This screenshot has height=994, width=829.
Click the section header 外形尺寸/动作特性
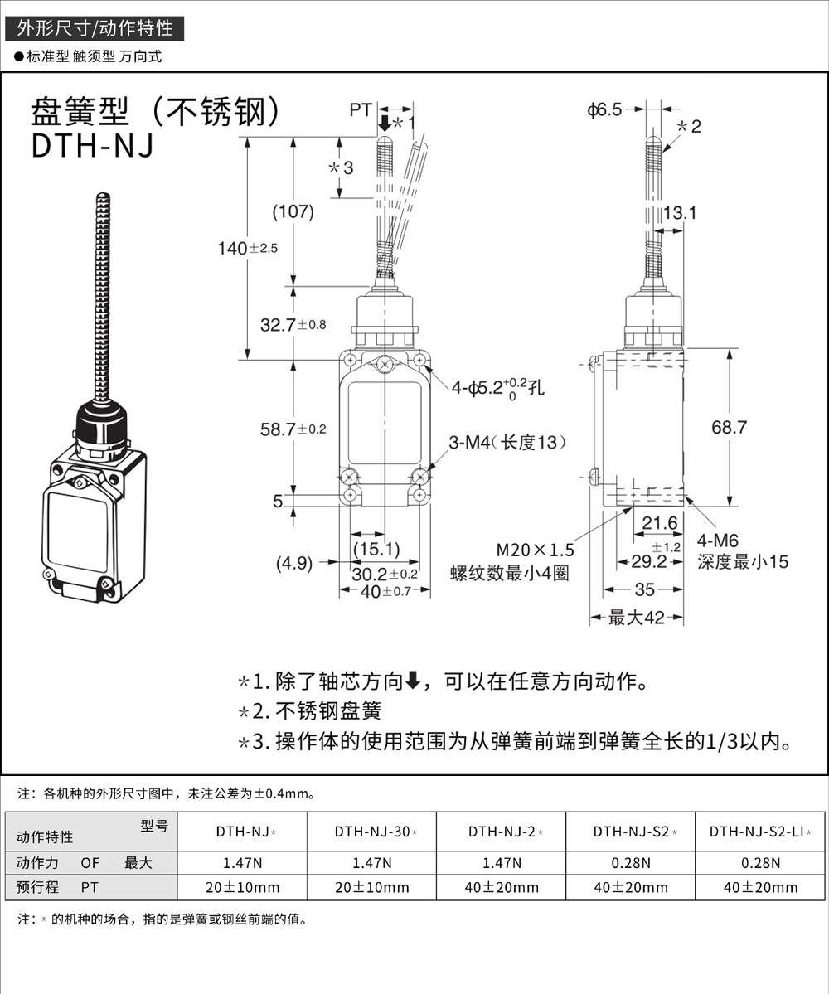pos(95,28)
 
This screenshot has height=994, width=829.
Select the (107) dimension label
pos(293,211)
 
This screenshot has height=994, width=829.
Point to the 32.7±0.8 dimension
pos(293,325)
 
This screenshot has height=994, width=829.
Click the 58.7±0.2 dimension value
pos(293,429)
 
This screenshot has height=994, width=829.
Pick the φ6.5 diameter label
pos(604,109)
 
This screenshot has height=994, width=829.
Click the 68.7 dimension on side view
pos(729,427)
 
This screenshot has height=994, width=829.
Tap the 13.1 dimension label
pos(680,213)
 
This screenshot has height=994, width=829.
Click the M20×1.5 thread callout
pos(535,550)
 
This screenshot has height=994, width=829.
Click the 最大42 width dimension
pos(636,618)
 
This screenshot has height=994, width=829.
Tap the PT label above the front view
pos(360,109)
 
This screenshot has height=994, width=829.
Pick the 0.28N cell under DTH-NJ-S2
pos(630,862)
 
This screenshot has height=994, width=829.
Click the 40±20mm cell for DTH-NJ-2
pos(501,887)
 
